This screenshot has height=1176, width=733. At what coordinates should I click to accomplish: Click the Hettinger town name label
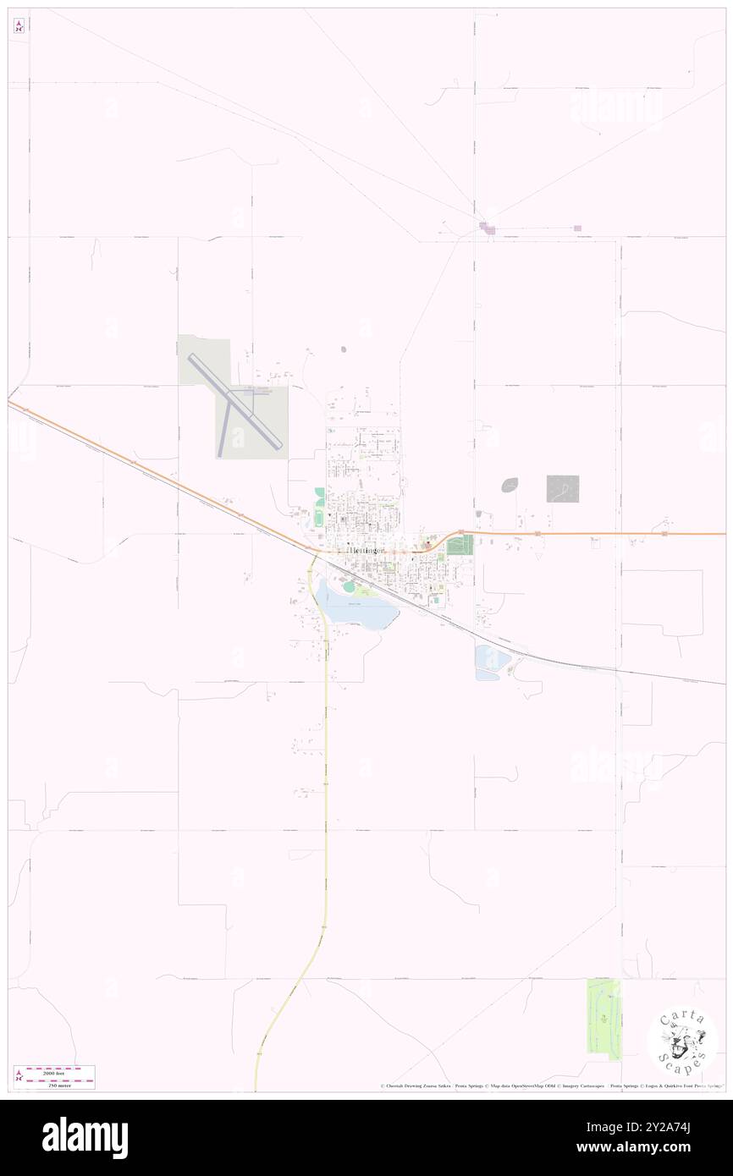click(x=366, y=550)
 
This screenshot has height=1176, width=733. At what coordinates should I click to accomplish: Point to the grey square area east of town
click(x=563, y=488)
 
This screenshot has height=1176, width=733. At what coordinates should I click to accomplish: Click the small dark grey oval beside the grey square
click(x=510, y=485)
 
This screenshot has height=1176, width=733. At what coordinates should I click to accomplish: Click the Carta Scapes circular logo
click(x=682, y=1040)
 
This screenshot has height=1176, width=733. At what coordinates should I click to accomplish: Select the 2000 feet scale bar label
click(x=59, y=1071)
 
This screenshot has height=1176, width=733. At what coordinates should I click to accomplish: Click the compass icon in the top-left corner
click(x=19, y=26)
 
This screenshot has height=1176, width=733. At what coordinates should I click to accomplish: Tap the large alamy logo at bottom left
click(x=85, y=1137)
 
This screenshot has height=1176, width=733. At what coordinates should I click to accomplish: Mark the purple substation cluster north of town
click(x=487, y=227)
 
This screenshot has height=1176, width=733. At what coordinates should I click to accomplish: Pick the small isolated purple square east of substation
click(x=577, y=228)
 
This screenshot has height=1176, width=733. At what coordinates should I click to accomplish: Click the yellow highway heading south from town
click(x=326, y=761)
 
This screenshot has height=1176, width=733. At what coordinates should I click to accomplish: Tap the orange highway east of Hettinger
click(x=592, y=534)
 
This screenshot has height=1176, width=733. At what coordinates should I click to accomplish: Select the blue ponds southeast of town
click(x=488, y=662)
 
